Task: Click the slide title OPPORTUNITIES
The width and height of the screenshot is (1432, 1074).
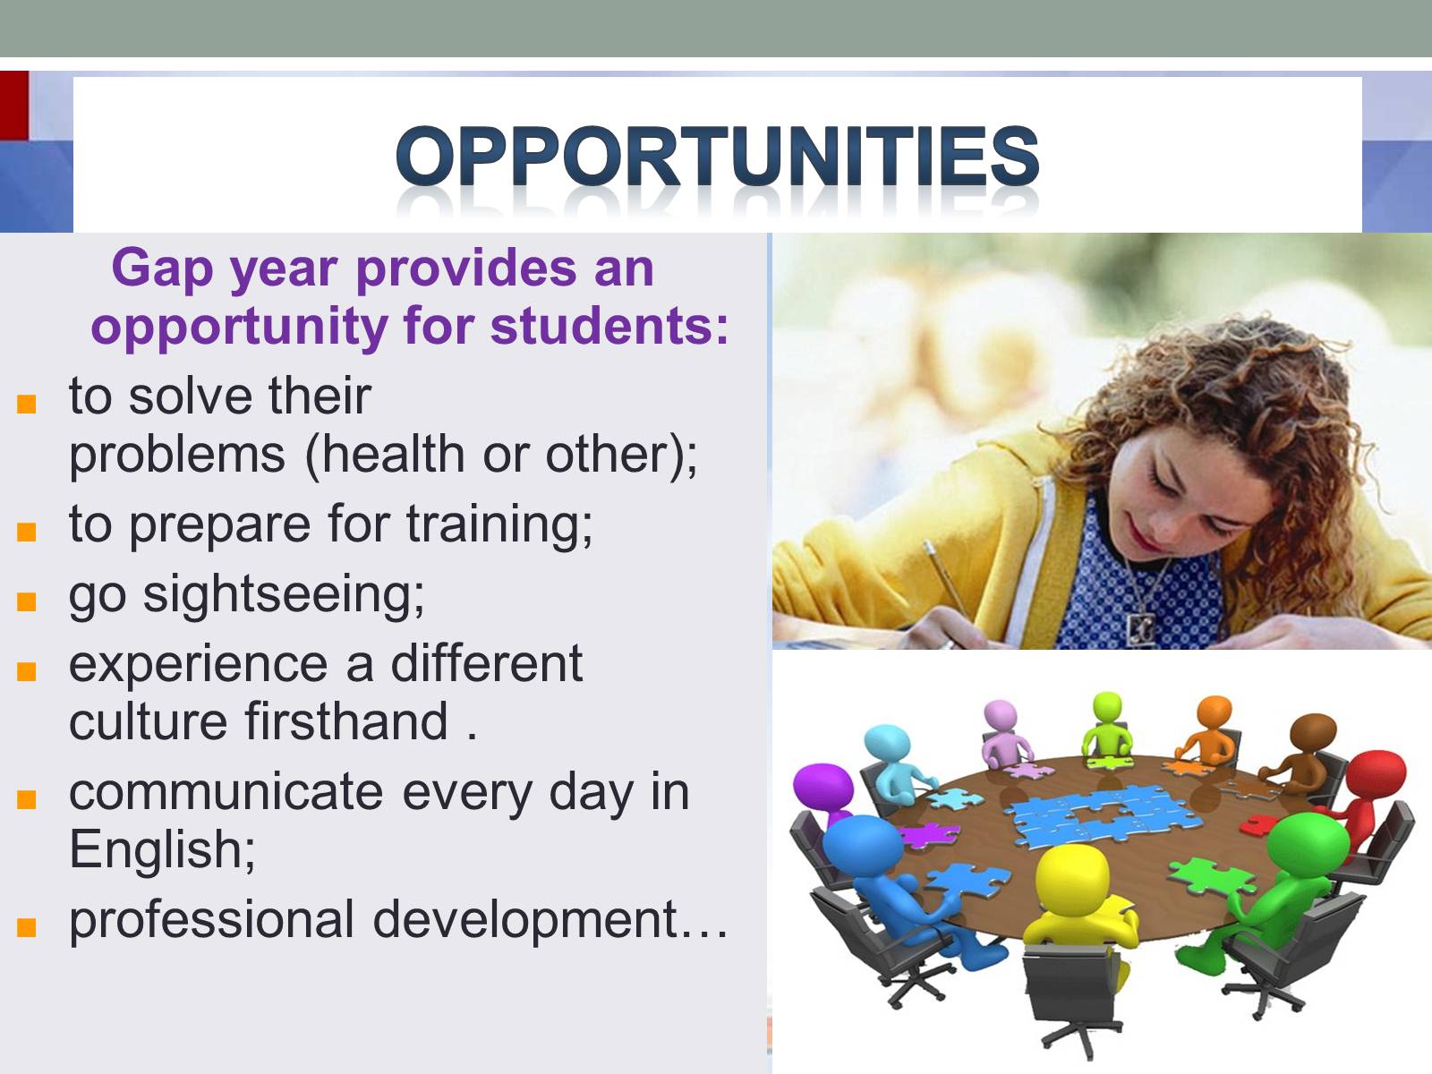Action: coord(717,156)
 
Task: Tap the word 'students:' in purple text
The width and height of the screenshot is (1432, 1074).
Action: coord(609,326)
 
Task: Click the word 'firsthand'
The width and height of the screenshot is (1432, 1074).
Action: coord(346,722)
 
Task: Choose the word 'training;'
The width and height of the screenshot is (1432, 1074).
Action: coord(499,526)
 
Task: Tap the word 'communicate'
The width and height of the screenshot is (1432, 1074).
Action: coord(226,793)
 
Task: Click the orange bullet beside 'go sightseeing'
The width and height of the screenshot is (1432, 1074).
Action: coord(26,601)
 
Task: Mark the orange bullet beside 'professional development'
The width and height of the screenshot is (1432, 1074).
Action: coord(26,926)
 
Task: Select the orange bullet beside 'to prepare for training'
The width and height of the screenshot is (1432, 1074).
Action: coord(26,532)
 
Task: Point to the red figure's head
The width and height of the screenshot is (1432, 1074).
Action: coord(1376,776)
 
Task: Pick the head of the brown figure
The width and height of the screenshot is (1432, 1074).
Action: coord(1313,735)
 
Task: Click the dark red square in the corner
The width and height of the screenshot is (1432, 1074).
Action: coord(13,105)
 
